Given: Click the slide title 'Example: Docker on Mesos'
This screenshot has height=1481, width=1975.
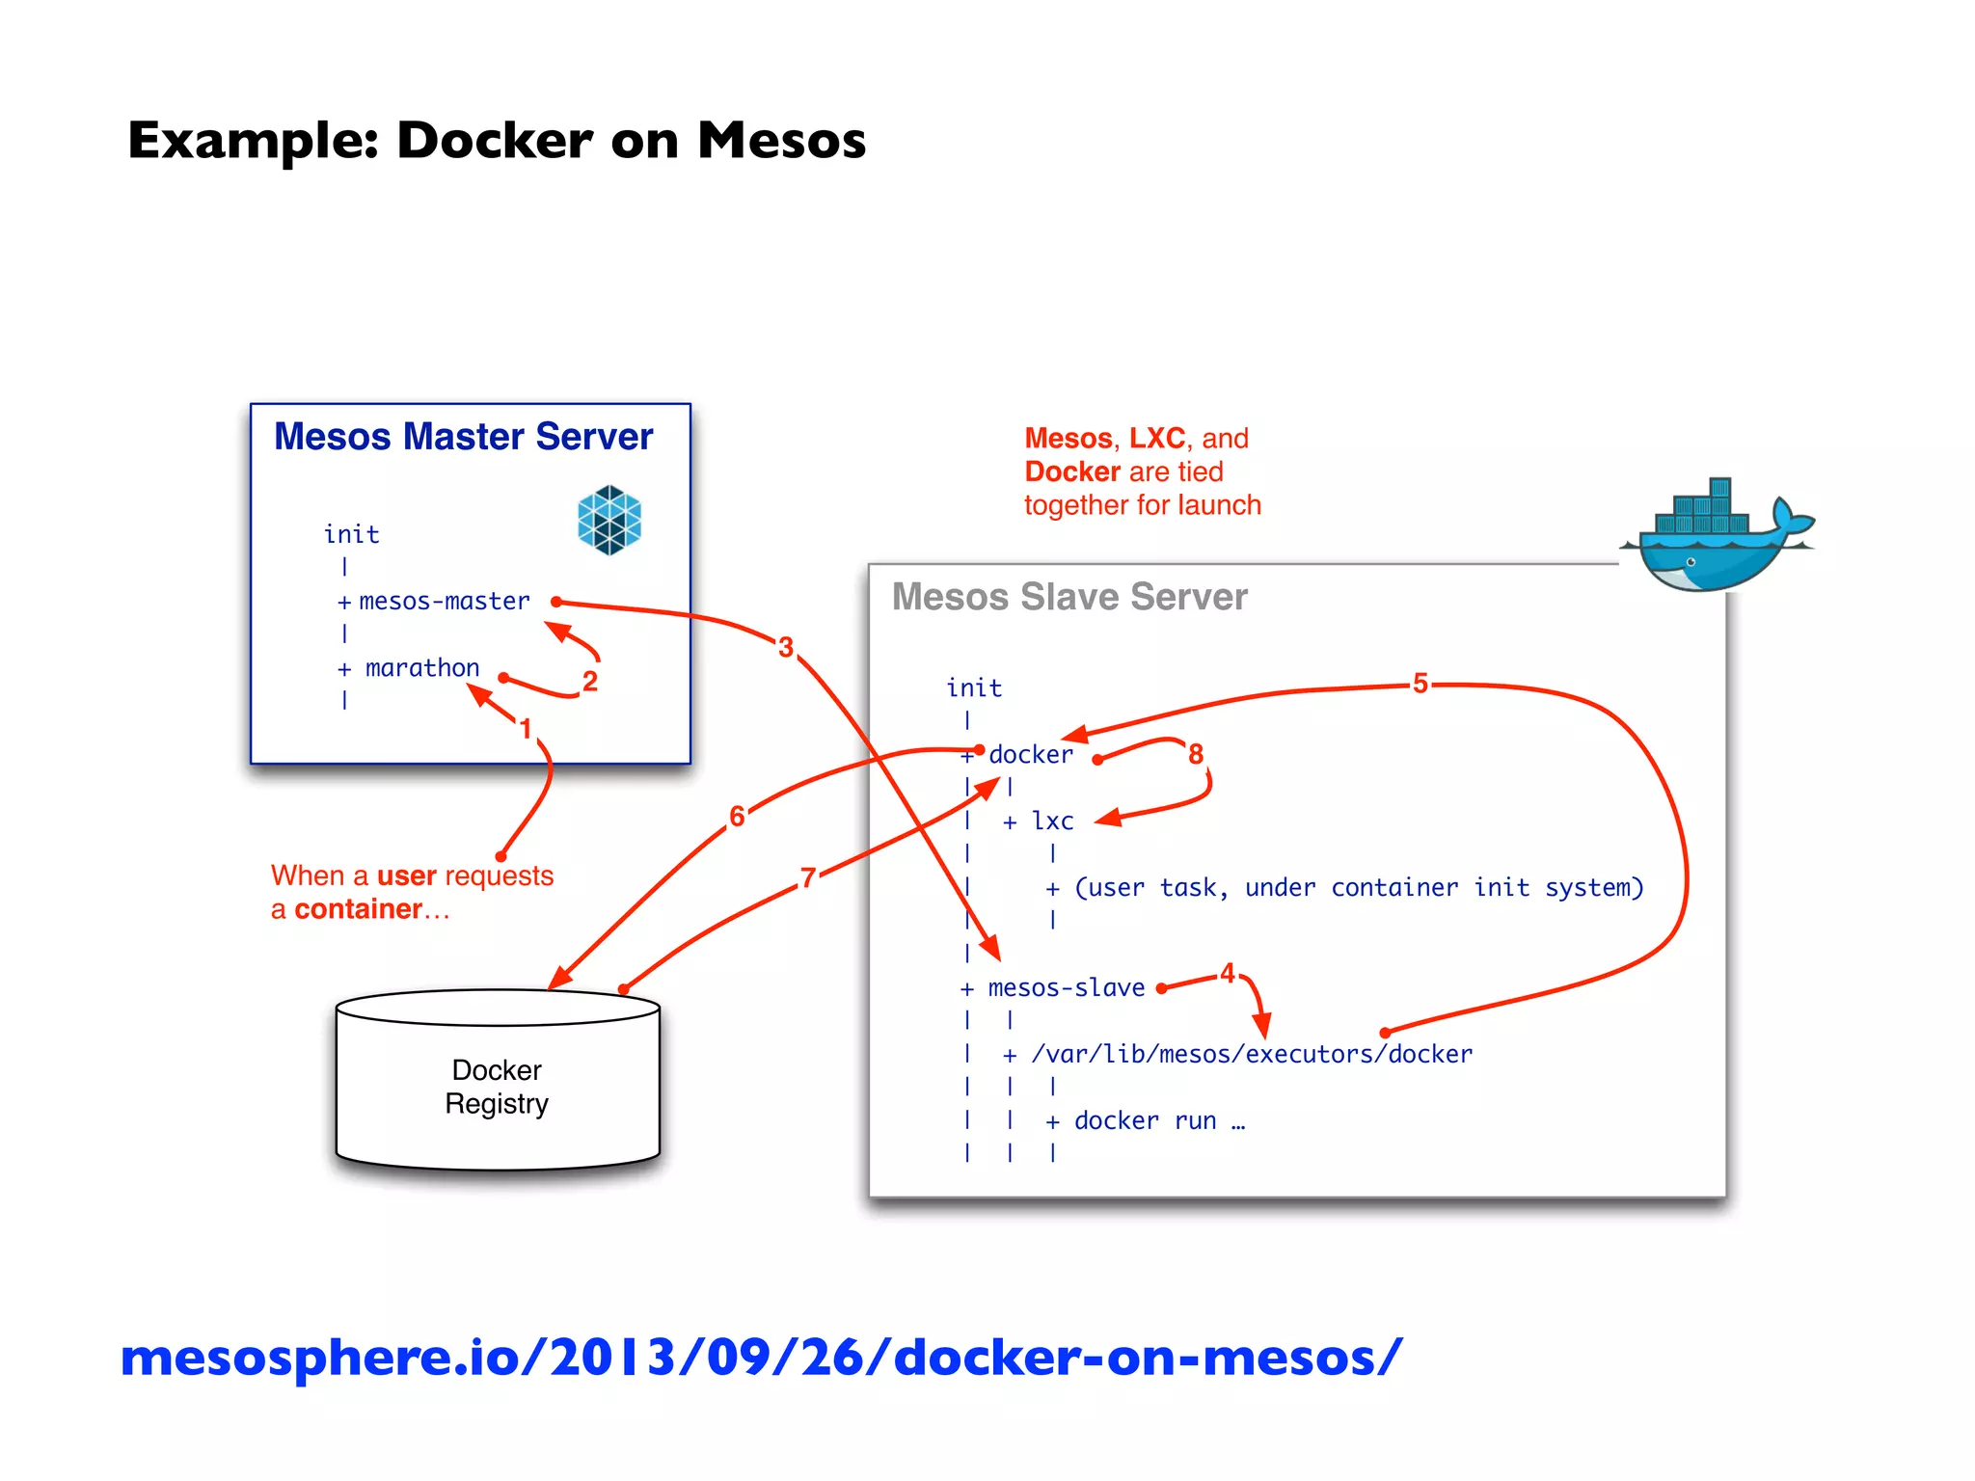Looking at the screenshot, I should (497, 141).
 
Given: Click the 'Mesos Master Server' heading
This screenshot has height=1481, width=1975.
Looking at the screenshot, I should (463, 437).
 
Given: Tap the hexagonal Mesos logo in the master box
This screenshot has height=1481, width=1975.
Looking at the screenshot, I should (609, 520).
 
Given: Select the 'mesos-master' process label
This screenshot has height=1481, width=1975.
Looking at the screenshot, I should (445, 602).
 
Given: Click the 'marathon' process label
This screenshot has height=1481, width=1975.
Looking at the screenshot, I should (422, 668).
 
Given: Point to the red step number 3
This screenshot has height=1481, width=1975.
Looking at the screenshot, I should (786, 647).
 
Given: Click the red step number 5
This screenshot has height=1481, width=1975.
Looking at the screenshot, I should (1420, 684).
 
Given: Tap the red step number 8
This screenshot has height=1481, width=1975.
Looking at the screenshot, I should (1196, 754).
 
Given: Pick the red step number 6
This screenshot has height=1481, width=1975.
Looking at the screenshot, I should (737, 817).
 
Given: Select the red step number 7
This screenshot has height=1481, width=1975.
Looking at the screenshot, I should (808, 877).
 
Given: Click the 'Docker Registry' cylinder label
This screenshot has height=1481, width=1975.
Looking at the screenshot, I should (497, 1087).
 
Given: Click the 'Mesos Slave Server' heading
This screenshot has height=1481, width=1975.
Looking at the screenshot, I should (1069, 597).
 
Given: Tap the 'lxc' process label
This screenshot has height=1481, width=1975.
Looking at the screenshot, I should (1052, 821).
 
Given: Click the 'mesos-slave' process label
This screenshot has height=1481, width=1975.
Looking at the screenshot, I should (1067, 988).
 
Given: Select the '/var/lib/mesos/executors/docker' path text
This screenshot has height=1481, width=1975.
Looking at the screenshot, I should (1252, 1055).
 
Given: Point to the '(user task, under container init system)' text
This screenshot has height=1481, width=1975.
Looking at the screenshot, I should (1358, 888).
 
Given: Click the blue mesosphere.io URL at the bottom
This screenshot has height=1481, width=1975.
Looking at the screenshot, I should (762, 1358).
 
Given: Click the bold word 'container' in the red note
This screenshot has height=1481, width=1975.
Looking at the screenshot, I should (358, 909).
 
